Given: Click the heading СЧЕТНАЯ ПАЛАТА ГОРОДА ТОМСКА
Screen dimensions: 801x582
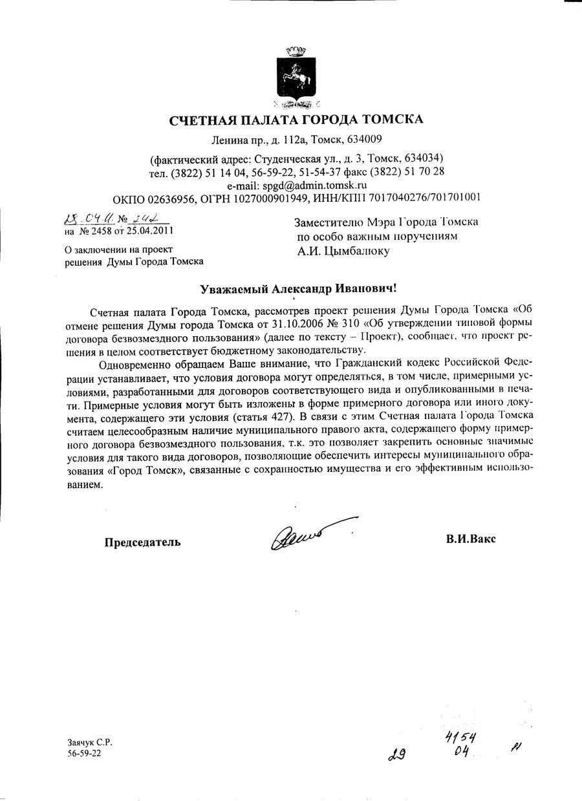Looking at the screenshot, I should tap(296, 119).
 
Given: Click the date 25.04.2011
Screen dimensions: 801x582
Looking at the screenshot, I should tap(150, 230).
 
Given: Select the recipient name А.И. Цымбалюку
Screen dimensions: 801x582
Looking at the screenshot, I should tap(343, 251).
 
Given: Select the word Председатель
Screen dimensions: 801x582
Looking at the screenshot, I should tap(143, 542).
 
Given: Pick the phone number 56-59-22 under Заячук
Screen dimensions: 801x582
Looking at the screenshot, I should tap(83, 754).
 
